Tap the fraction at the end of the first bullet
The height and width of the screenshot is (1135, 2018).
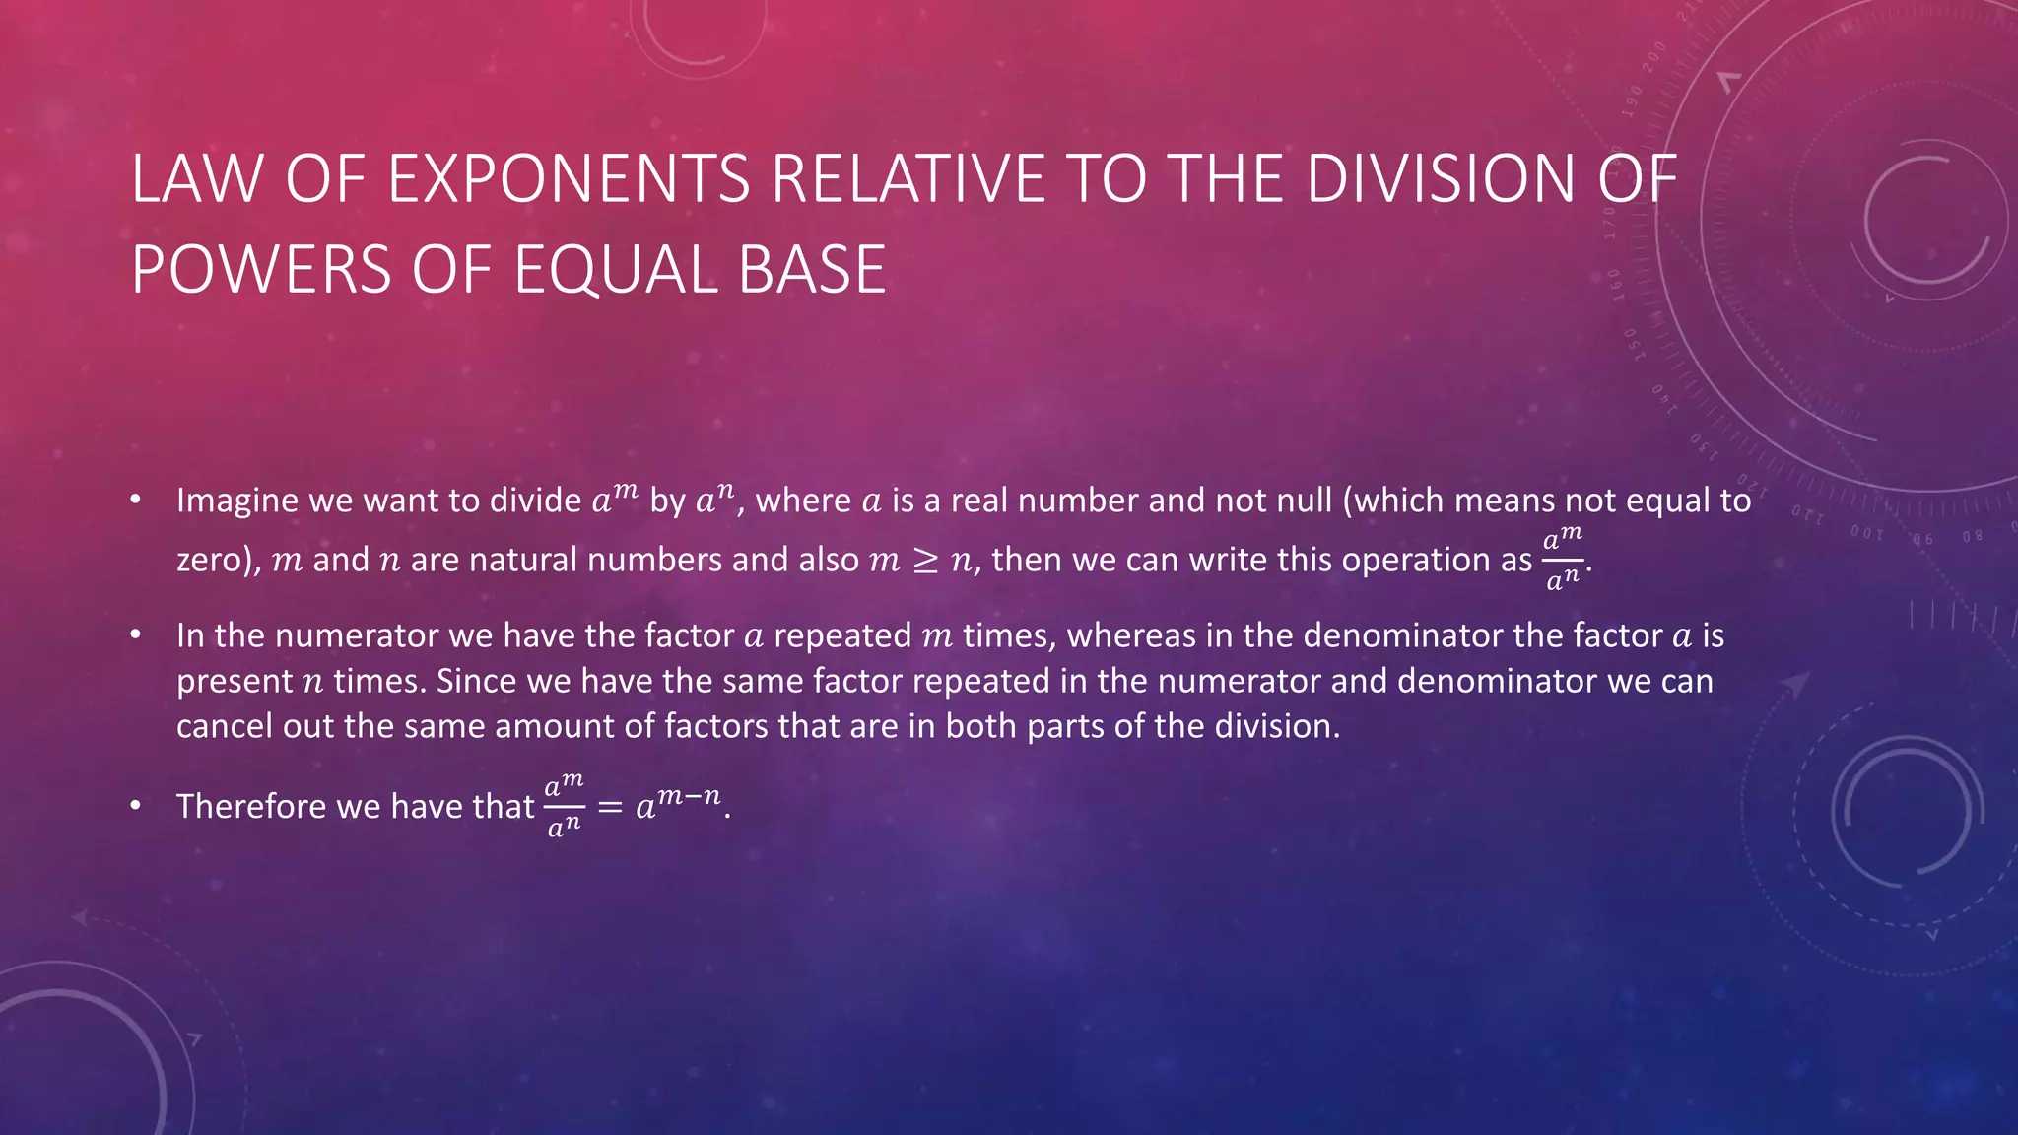[1562, 559]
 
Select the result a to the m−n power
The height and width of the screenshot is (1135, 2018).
[678, 805]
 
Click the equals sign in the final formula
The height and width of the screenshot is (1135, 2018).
[610, 808]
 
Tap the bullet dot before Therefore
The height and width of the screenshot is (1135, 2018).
[136, 807]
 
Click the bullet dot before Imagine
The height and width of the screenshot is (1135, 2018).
[136, 500]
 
